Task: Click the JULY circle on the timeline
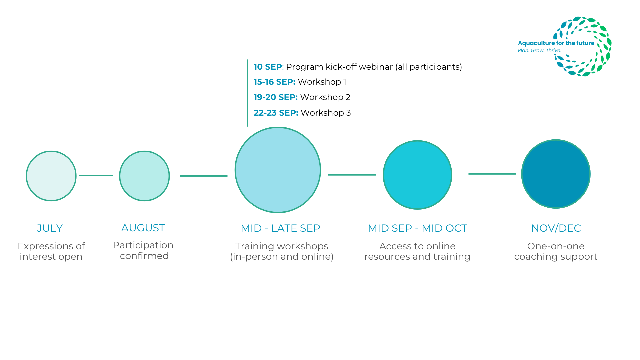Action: click(x=51, y=176)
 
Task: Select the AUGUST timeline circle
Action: click(x=144, y=176)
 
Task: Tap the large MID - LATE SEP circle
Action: click(x=278, y=170)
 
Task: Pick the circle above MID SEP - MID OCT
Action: click(x=417, y=175)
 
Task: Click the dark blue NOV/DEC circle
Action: click(x=556, y=174)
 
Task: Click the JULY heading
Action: click(x=50, y=228)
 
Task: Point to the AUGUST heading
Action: click(x=143, y=228)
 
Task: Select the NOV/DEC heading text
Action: click(x=556, y=228)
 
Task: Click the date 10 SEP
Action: click(x=268, y=67)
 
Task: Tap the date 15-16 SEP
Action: click(x=274, y=82)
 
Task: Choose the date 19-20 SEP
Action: click(x=275, y=97)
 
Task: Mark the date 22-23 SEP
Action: click(x=276, y=113)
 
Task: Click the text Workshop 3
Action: click(x=326, y=113)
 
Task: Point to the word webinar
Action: click(x=376, y=67)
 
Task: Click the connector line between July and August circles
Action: click(x=96, y=175)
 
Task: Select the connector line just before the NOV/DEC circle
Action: click(x=492, y=174)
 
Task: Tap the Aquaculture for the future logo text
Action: click(x=556, y=43)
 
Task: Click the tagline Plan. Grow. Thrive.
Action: click(x=539, y=51)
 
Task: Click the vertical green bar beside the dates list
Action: click(x=247, y=93)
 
